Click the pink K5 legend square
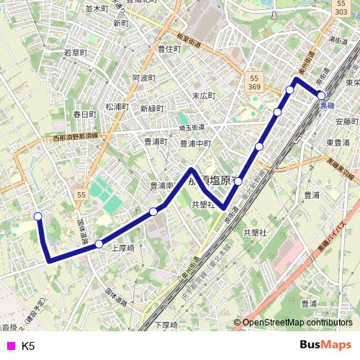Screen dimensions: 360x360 9,346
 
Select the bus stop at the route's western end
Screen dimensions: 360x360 38,216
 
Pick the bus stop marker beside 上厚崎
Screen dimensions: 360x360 99,244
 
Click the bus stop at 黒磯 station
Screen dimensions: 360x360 321,95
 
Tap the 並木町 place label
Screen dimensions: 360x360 96,9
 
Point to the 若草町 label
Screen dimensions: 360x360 75,53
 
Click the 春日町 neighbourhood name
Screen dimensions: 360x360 84,114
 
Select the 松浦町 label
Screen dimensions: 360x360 116,106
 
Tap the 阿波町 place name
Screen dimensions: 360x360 144,78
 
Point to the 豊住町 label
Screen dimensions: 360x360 168,49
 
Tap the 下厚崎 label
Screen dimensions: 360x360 166,325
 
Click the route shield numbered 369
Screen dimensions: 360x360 255,86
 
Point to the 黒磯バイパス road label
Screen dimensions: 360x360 330,248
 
